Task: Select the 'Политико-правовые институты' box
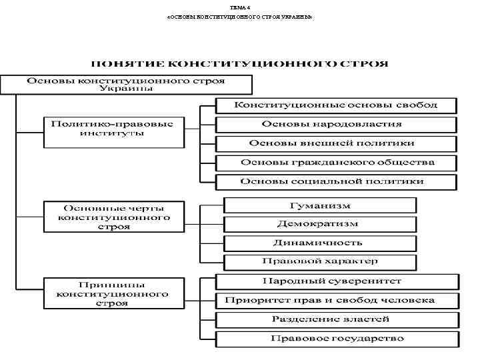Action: [113, 132]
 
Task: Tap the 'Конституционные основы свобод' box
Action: [336, 105]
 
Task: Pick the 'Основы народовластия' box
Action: [336, 124]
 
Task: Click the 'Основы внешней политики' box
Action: [336, 143]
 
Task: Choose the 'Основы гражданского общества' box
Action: [336, 163]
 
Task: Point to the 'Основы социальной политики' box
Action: [336, 181]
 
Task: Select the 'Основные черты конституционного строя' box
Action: [113, 217]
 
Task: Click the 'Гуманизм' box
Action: [319, 205]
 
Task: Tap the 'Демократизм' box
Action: [319, 224]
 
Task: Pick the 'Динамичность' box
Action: [319, 243]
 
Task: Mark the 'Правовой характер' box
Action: [319, 261]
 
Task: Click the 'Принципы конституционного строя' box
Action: [113, 293]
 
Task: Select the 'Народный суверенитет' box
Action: [337, 281]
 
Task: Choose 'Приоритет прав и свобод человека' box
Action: [337, 300]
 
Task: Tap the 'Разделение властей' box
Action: [337, 319]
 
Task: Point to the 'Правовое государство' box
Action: [337, 339]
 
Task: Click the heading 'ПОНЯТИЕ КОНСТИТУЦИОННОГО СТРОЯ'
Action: [239, 65]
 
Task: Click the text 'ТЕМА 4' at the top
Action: [239, 7]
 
